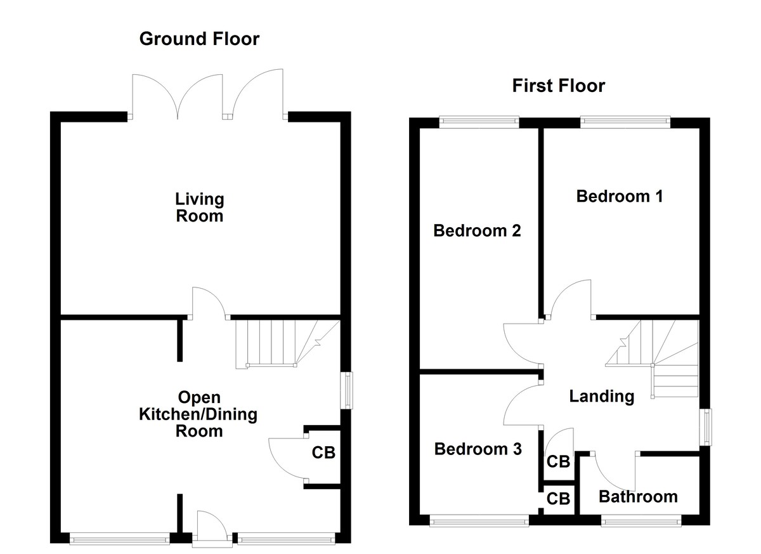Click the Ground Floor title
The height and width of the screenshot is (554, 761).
point(199,39)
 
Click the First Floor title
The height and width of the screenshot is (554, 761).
point(558,86)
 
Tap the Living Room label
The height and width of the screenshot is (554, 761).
point(199,208)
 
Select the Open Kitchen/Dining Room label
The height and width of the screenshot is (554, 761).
point(198,414)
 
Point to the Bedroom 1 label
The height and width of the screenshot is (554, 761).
point(619,196)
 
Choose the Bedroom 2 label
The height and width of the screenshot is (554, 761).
point(477,230)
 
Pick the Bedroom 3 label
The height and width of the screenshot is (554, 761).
point(478,449)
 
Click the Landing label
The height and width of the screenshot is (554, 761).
point(601,397)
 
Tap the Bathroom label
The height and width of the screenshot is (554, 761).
point(638,496)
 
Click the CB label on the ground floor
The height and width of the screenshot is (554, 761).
point(323,453)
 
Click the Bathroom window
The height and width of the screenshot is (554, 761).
point(641,522)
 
